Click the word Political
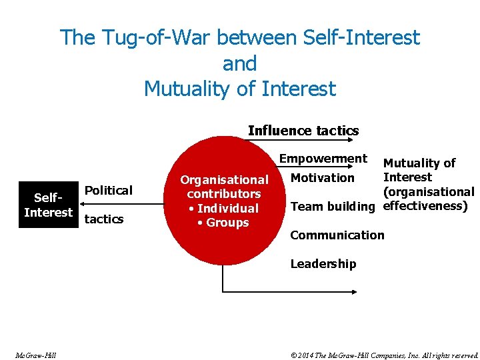click(109, 191)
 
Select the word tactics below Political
click(105, 219)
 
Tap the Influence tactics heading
click(303, 131)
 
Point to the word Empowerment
click(323, 159)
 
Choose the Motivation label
click(323, 178)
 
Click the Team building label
click(333, 207)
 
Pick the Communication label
click(337, 235)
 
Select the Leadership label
click(323, 264)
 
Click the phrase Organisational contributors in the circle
click(224, 187)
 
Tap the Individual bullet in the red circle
click(224, 209)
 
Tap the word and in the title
click(239, 63)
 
